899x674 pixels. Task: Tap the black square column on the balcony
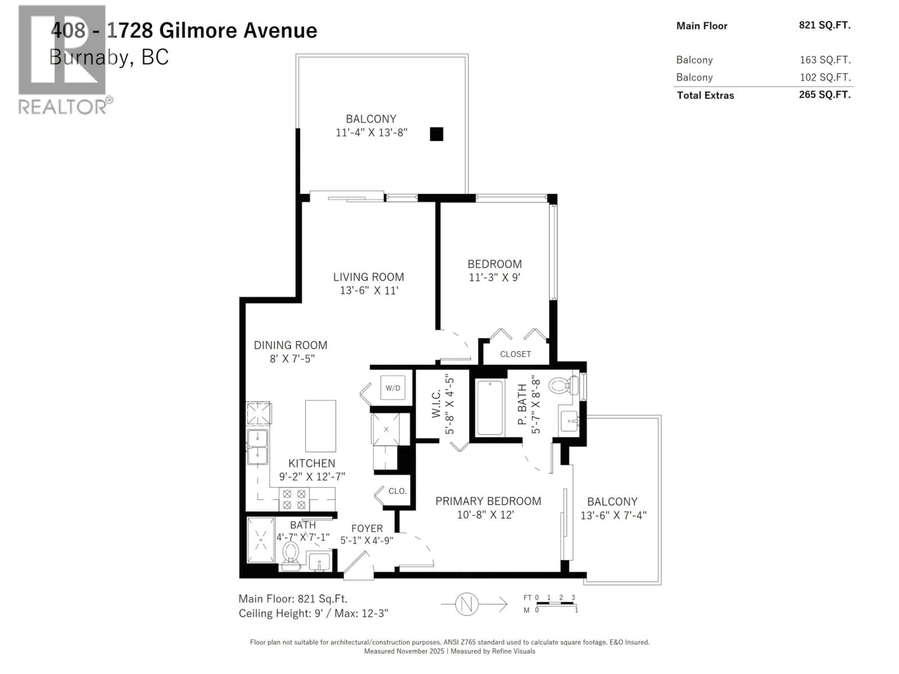coord(436,134)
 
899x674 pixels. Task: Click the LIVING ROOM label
coord(369,277)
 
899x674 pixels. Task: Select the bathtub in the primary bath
coord(490,407)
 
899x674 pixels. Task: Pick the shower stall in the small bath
coord(261,540)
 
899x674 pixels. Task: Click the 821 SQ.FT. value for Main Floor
coord(824,25)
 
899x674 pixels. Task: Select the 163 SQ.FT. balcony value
coord(825,60)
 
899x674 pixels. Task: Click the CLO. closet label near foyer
coord(397,491)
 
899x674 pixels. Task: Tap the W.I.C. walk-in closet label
coord(436,404)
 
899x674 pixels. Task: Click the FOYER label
coord(367,529)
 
